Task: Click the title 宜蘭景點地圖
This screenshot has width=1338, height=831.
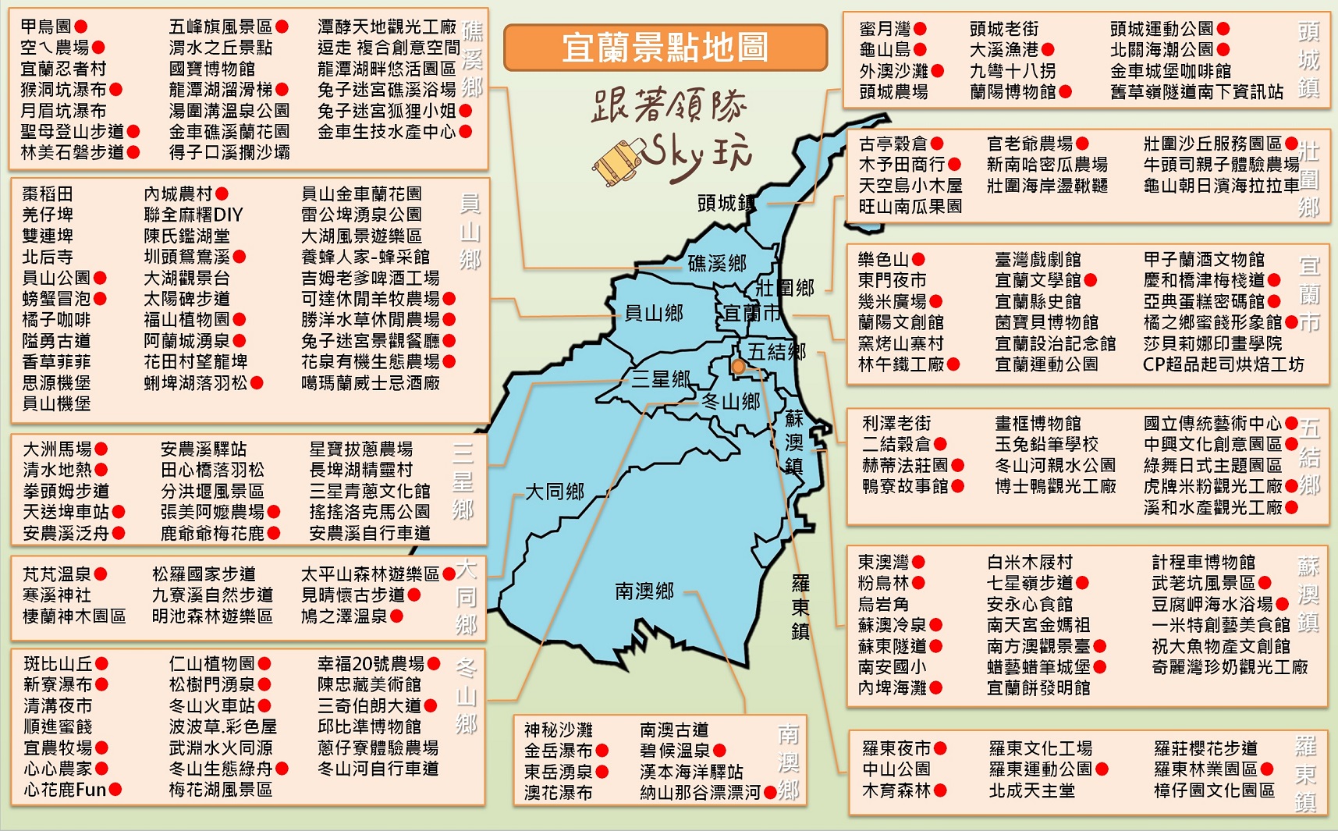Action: pyautogui.click(x=665, y=48)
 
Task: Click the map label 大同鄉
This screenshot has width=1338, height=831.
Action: pyautogui.click(x=554, y=492)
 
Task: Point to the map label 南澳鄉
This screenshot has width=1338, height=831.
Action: pyautogui.click(x=644, y=591)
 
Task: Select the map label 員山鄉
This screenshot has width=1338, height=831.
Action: pyautogui.click(x=654, y=313)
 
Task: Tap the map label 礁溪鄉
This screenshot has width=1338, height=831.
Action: pyautogui.click(x=716, y=263)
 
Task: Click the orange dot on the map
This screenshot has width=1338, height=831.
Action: pyautogui.click(x=738, y=367)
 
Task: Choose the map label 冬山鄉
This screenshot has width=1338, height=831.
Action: pyautogui.click(x=731, y=401)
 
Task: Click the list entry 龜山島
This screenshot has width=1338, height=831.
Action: pyautogui.click(x=885, y=50)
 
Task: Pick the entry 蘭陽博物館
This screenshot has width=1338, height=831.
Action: pyautogui.click(x=1013, y=92)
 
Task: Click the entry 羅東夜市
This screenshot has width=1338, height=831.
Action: pyautogui.click(x=896, y=748)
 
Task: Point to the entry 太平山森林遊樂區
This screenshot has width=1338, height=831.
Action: pyautogui.click(x=371, y=574)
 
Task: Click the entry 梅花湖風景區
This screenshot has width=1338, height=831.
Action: pyautogui.click(x=221, y=790)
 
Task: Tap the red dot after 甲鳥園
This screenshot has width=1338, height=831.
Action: pyautogui.click(x=81, y=27)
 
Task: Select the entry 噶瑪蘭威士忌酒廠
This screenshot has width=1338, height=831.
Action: pyautogui.click(x=371, y=383)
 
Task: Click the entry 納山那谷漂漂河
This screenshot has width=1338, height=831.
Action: pyautogui.click(x=700, y=793)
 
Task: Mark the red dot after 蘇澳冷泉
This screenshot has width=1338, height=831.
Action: pyautogui.click(x=936, y=625)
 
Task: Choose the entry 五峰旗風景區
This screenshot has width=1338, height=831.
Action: pyautogui.click(x=221, y=27)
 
